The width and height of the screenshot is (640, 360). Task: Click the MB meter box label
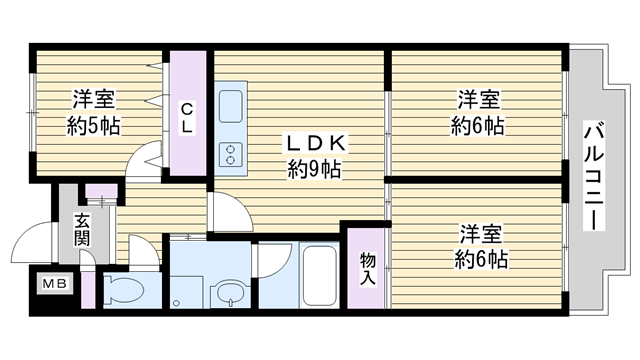click(x=55, y=284)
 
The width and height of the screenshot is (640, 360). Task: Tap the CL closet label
click(x=187, y=118)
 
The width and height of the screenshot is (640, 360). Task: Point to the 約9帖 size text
click(x=314, y=169)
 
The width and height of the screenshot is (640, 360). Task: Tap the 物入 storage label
click(x=368, y=269)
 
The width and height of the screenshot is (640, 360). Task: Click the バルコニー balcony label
click(x=594, y=176)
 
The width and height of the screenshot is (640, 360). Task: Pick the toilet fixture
click(x=123, y=290)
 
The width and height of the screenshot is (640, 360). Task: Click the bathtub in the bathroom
click(x=320, y=275)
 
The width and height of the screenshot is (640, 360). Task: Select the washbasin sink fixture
click(x=230, y=292)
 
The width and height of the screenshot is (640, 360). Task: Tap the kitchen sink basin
click(x=231, y=106)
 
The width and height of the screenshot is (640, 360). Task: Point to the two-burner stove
click(x=231, y=154)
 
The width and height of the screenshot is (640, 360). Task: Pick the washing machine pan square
click(x=187, y=292)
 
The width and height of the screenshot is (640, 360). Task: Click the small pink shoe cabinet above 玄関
click(x=101, y=190)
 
